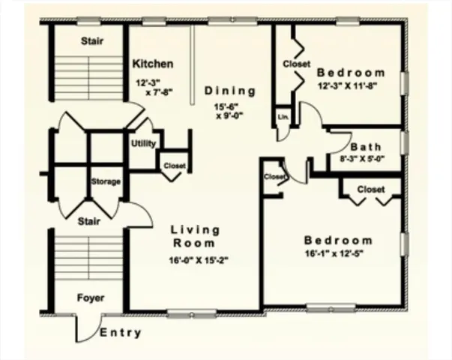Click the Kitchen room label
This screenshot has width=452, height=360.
pos(153,64)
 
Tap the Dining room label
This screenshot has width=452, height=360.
pos(230,91)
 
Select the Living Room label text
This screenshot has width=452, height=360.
pos(195,236)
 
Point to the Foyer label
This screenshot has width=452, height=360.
pos(91,298)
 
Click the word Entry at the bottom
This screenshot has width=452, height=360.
pos(120,332)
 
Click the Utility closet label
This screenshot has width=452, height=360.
pos(143,143)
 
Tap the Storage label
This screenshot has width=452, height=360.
pos(106,181)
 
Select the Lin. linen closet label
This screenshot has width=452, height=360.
pos(283,118)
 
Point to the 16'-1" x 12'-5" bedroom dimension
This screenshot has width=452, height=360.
pos(337,254)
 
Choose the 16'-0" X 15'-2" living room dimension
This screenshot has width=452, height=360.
pos(194,261)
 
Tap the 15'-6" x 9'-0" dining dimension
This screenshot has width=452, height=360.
pos(231,111)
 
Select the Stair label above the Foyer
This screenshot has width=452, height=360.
pos(91,221)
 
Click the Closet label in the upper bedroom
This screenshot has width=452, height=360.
pos(296,64)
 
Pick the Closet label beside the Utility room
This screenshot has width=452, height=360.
pos(175,165)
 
